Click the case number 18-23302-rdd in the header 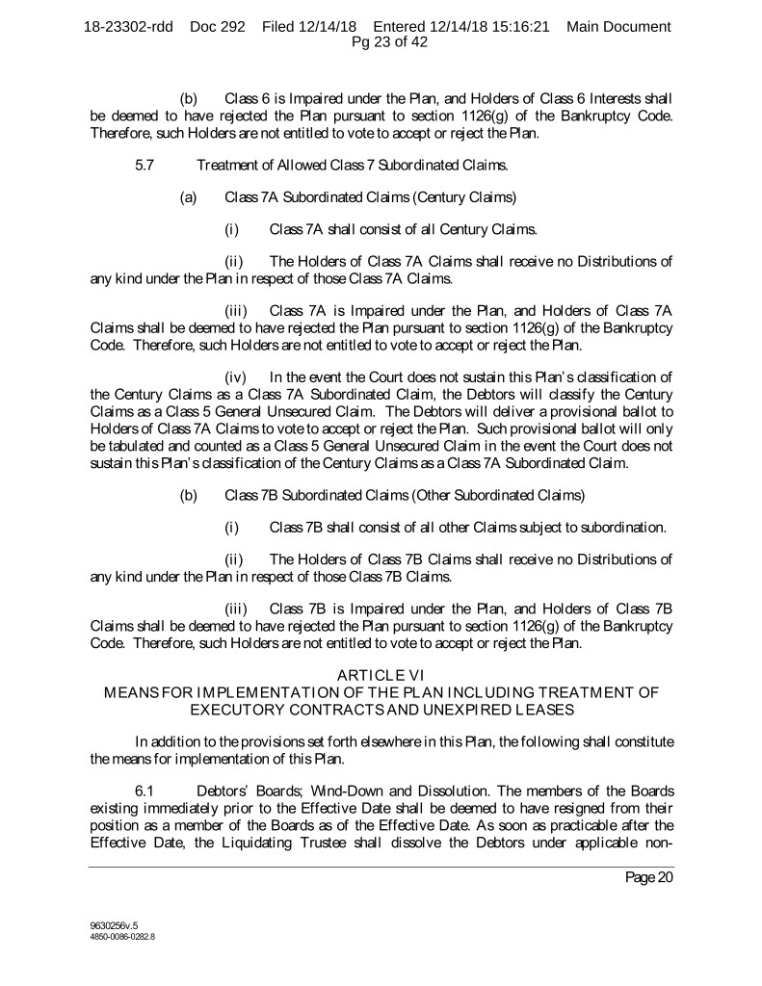128,26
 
